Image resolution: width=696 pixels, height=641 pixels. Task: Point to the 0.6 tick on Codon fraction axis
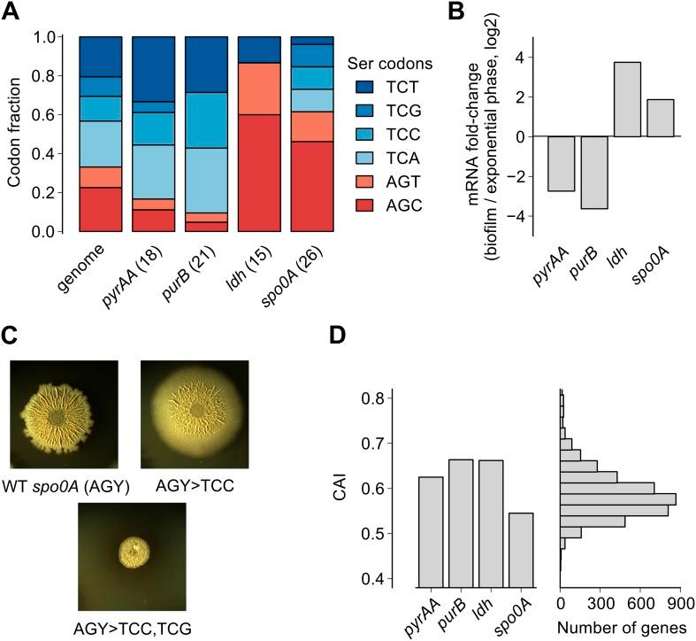tap(60, 114)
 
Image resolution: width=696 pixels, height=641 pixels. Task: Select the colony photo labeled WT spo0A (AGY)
tap(65, 414)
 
